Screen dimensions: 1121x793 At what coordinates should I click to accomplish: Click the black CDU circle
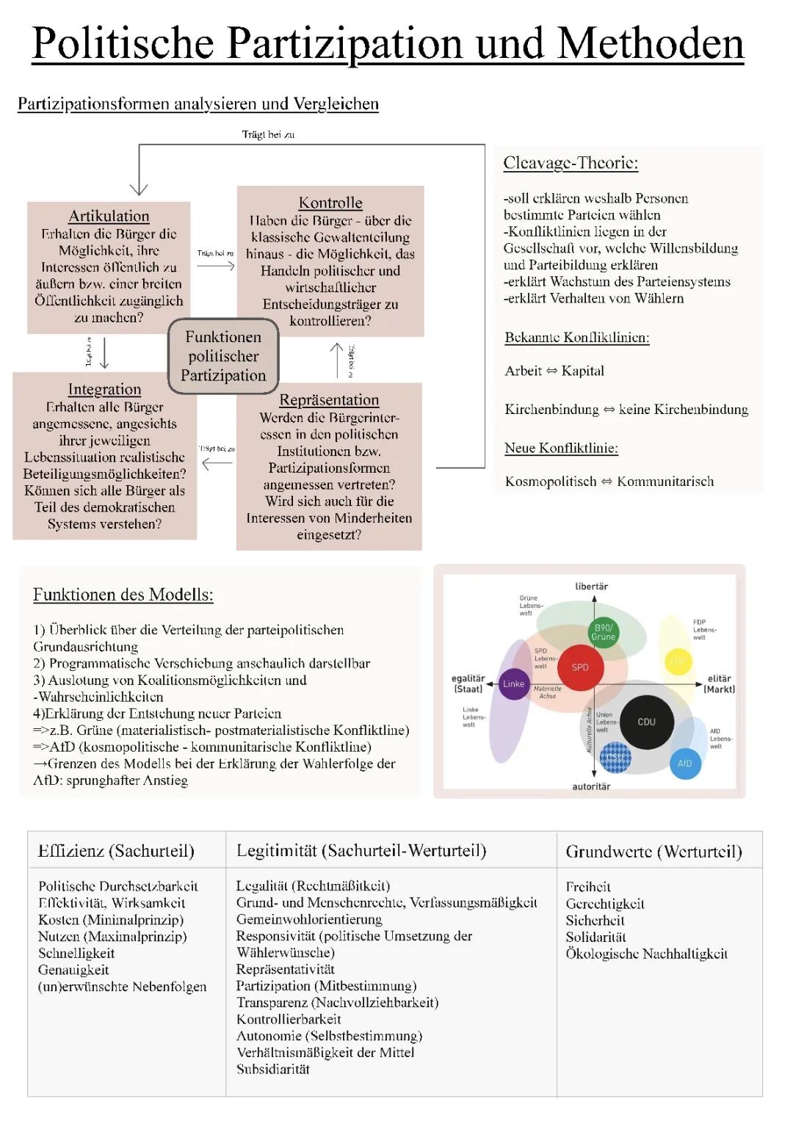tap(647, 722)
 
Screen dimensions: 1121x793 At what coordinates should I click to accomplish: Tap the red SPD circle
tap(581, 667)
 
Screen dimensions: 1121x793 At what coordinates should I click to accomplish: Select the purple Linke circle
tap(514, 684)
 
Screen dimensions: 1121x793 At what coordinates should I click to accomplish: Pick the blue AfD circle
tap(685, 763)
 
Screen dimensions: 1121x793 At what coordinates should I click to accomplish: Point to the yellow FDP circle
tap(678, 661)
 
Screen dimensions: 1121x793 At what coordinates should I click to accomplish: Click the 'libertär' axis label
tap(592, 587)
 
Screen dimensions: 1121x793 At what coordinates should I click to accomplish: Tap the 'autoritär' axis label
tap(591, 786)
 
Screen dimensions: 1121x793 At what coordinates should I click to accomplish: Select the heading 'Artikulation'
tap(109, 216)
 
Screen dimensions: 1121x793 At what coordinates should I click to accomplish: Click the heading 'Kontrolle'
tap(330, 203)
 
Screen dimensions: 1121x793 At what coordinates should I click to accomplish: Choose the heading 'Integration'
tap(104, 389)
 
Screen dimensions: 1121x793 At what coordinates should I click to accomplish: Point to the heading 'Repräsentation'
tap(329, 400)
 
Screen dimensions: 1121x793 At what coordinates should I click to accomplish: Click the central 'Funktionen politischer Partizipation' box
tap(223, 356)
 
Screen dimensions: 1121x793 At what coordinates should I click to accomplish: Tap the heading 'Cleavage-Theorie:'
tap(571, 163)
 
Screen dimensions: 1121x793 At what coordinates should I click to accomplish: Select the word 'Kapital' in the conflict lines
tap(583, 371)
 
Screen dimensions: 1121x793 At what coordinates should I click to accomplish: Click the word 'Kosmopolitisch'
tap(551, 482)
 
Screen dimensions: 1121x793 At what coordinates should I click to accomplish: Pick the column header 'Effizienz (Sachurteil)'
tap(116, 851)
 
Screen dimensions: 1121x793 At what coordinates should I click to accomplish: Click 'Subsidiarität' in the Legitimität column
tap(273, 1069)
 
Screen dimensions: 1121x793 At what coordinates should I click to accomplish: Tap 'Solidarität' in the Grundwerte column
tap(595, 937)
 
